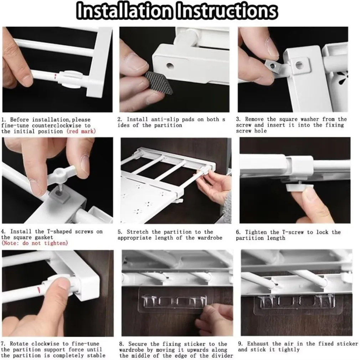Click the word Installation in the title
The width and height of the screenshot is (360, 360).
pos(124,11)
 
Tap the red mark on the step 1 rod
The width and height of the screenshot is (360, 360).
pos(55,76)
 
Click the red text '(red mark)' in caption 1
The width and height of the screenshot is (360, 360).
pos(81,131)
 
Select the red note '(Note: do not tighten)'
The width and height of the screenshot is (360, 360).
pos(35,243)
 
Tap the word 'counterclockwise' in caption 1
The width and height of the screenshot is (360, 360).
pos(56,125)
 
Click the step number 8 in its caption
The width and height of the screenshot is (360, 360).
pos(121,344)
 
